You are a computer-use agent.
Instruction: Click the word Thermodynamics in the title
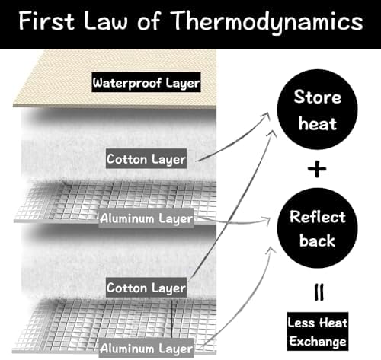click(x=267, y=21)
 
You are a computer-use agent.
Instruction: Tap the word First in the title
click(x=46, y=21)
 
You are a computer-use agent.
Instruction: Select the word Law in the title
click(x=105, y=21)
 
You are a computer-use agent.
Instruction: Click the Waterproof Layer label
click(x=146, y=82)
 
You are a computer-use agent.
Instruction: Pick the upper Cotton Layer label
click(x=146, y=159)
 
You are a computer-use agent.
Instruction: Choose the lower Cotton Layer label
click(x=146, y=288)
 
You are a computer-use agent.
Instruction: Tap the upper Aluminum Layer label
click(x=146, y=218)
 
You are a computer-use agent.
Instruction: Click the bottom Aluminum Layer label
click(x=146, y=348)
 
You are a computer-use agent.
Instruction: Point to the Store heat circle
click(x=317, y=110)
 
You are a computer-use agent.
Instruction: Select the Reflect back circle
click(x=317, y=228)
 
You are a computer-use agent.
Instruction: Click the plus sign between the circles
click(x=317, y=169)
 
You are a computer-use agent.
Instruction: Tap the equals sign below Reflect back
click(x=319, y=292)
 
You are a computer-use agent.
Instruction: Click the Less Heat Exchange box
click(x=318, y=332)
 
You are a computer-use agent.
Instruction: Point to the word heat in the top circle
click(x=318, y=123)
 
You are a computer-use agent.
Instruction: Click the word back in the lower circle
click(x=317, y=240)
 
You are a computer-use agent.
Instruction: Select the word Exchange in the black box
click(x=318, y=341)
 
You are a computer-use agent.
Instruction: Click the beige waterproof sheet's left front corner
click(x=13, y=106)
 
